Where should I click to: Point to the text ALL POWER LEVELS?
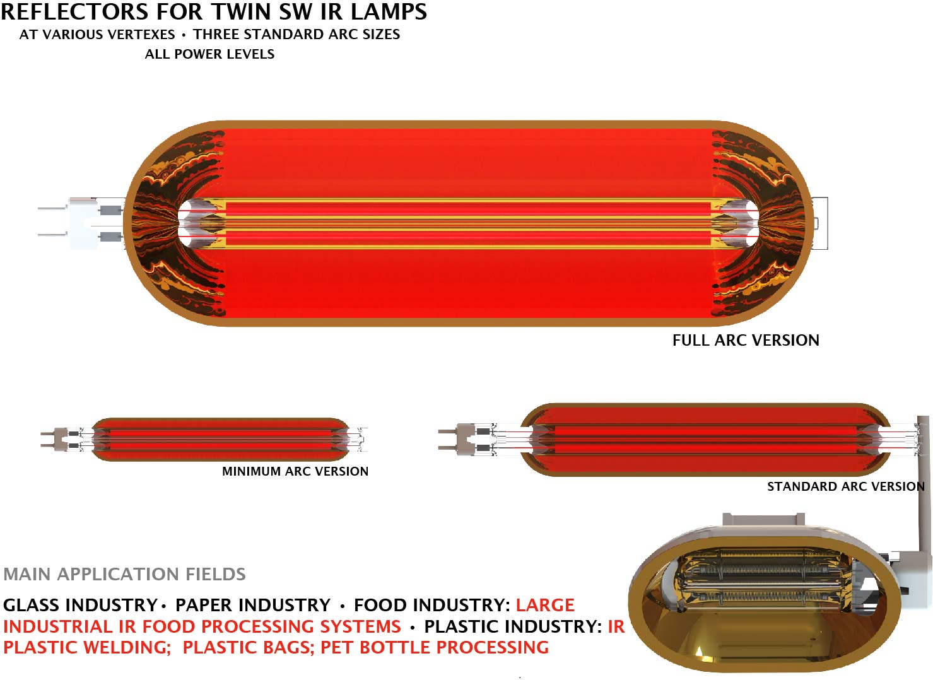(x=209, y=54)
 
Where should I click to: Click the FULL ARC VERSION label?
(x=746, y=341)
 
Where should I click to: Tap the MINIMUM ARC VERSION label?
(x=295, y=471)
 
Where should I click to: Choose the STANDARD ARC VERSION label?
(x=845, y=486)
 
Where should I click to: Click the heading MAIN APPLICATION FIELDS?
(x=124, y=574)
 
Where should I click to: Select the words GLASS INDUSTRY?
(x=80, y=605)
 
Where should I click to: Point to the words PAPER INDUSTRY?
(x=252, y=605)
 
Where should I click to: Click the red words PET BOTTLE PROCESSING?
(x=435, y=648)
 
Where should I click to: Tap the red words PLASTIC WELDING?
(x=87, y=648)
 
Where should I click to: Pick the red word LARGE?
(x=545, y=605)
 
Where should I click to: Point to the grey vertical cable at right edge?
(x=923, y=479)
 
